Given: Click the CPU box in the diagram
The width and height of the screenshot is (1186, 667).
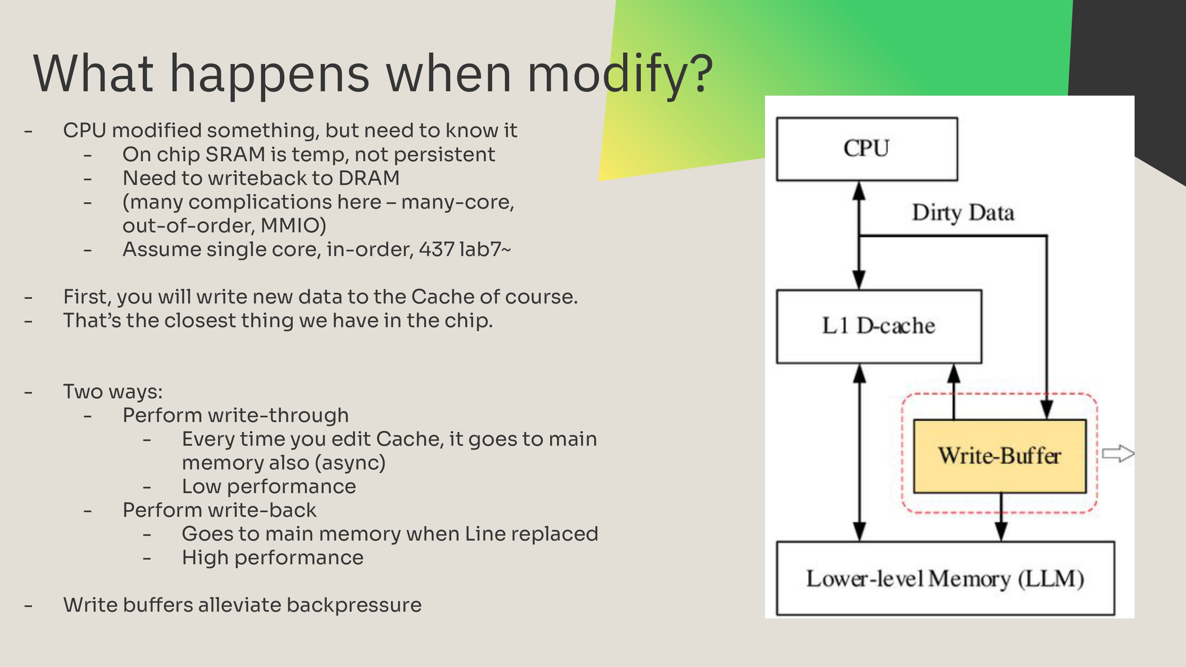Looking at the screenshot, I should pyautogui.click(x=867, y=149).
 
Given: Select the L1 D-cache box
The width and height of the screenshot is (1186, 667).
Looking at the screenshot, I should pyautogui.click(x=878, y=326).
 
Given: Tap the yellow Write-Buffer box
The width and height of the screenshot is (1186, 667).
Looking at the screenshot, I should pyautogui.click(x=999, y=456).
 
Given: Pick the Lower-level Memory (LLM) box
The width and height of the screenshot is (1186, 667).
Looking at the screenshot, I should pyautogui.click(x=945, y=578).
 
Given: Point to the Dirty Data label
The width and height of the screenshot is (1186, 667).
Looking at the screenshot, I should pyautogui.click(x=963, y=213).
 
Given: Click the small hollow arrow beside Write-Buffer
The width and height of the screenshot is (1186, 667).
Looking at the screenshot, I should pyautogui.click(x=1118, y=454).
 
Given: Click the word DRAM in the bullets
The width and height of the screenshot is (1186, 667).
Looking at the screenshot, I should pyautogui.click(x=369, y=179).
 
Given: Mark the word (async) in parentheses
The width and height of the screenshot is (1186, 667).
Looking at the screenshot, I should pyautogui.click(x=350, y=463).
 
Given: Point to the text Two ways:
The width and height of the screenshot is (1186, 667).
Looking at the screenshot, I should pyautogui.click(x=113, y=392).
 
